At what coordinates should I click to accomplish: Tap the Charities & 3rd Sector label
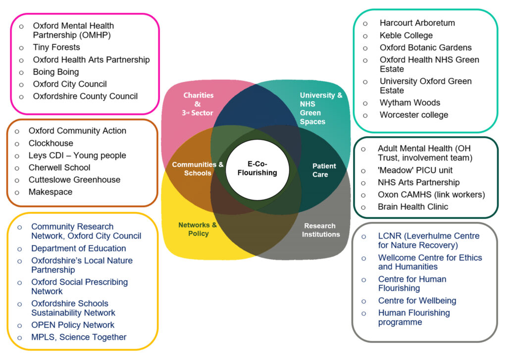point(198,104)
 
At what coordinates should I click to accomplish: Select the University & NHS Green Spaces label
point(319,108)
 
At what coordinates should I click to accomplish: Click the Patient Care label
point(324,170)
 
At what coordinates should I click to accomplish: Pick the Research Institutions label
point(321,230)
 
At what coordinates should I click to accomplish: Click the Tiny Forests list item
point(56,48)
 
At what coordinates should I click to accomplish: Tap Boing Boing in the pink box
point(56,72)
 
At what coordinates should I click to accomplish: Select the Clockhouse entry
point(51,143)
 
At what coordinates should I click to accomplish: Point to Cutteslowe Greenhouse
point(74,180)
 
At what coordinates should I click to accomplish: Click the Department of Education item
point(79,249)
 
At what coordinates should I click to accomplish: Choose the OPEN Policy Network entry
point(73,325)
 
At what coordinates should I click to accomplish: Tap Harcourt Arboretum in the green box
point(417,23)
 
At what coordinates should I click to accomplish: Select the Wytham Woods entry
point(410,103)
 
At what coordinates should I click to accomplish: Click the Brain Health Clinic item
point(413,206)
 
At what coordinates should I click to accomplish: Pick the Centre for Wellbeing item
point(417,301)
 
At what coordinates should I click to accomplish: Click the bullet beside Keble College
point(365,36)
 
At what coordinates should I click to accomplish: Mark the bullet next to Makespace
point(17,192)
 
